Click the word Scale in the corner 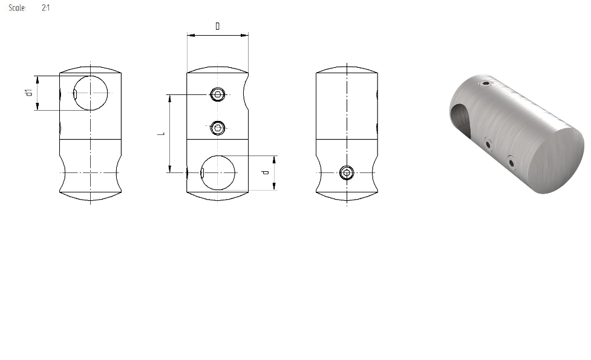pos(17,7)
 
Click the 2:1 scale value pos(45,7)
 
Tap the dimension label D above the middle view pos(218,26)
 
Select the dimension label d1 pos(29,93)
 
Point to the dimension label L pos(162,134)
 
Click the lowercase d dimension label pos(266,172)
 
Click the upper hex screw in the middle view pos(218,94)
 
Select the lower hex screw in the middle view pos(218,128)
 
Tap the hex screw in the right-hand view pos(347,173)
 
